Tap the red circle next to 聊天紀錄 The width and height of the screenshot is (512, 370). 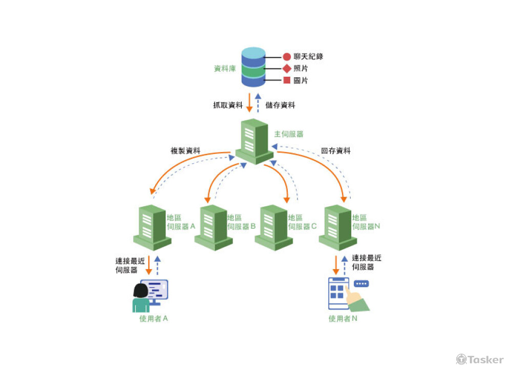[x=287, y=57]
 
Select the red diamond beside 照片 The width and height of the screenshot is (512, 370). [x=287, y=69]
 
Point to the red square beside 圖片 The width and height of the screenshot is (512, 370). [x=287, y=80]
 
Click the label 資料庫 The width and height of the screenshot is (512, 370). [x=224, y=68]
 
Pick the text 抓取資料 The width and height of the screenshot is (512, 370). [x=228, y=105]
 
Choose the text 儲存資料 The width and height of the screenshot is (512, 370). [x=281, y=105]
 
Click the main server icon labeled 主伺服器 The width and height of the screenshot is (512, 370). [x=254, y=141]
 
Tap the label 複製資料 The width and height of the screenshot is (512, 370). [x=185, y=151]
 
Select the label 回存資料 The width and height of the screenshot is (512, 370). [x=336, y=151]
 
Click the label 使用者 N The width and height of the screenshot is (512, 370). [x=343, y=319]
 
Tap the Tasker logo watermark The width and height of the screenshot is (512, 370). [x=480, y=360]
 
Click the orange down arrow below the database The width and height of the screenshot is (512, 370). [x=249, y=103]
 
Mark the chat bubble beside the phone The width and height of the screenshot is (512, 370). [x=361, y=284]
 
